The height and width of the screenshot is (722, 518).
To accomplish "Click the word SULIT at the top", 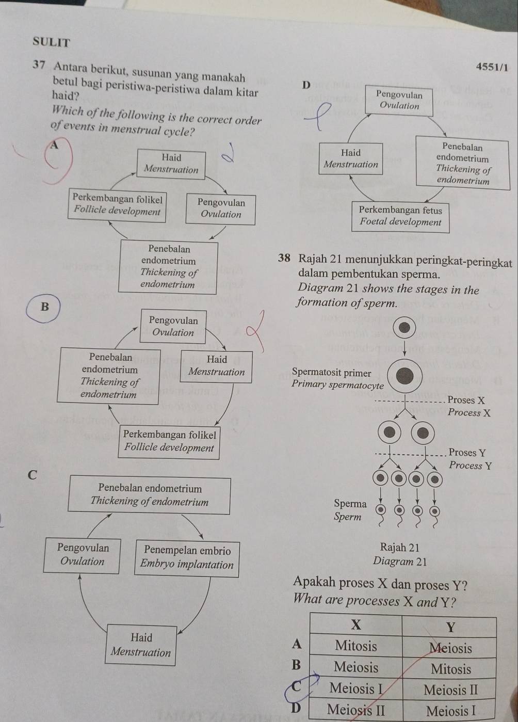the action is click(x=51, y=42).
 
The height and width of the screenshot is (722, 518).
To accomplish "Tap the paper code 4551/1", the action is click(x=492, y=67).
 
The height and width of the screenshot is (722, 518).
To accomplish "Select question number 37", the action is click(x=39, y=65).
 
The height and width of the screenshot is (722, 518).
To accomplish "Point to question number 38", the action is click(x=284, y=258).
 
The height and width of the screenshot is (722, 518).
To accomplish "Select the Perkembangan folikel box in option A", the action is click(x=117, y=205).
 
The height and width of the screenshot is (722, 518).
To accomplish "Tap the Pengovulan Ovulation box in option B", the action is click(x=173, y=326).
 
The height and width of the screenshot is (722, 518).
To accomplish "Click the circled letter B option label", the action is click(x=44, y=306).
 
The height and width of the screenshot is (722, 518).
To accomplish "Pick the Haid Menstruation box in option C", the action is click(x=141, y=645).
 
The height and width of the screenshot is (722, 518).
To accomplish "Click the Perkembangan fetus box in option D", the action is click(x=400, y=216).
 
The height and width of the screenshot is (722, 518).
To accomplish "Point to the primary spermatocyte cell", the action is click(x=404, y=376).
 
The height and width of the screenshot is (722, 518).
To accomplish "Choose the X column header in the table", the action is click(x=356, y=624).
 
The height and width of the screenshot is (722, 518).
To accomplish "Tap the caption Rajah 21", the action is click(x=399, y=547).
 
